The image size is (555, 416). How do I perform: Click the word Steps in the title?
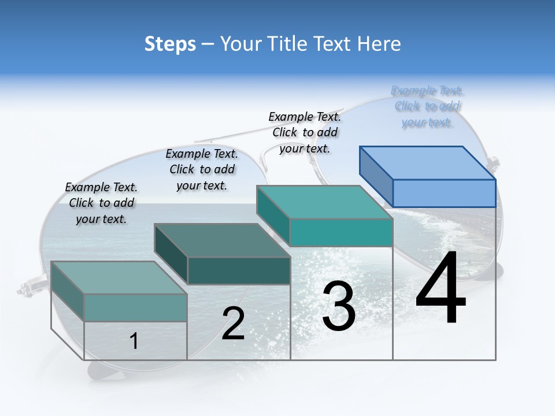tap(170, 44)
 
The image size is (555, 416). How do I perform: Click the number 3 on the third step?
tap(339, 306)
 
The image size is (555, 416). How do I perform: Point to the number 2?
tap(233, 324)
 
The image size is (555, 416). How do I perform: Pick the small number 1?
tap(134, 341)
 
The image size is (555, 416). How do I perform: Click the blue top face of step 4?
tap(428, 162)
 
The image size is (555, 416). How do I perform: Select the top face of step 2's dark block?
tap(222, 240)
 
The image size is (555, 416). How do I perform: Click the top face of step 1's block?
tap(119, 278)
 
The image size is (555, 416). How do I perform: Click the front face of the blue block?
tap(444, 193)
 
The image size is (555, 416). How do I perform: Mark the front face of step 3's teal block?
tap(341, 232)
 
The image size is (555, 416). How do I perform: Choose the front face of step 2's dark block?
tap(239, 270)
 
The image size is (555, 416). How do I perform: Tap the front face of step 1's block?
tap(135, 307)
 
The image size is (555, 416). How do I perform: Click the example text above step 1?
tap(101, 203)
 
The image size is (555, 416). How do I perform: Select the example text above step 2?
tap(202, 169)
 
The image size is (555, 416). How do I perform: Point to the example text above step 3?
tap(305, 132)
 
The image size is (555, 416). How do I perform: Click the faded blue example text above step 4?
tap(427, 106)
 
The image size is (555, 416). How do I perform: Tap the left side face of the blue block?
tap(376, 176)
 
